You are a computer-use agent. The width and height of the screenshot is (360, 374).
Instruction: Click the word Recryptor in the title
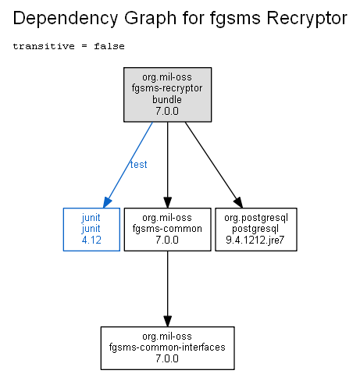coord(307,19)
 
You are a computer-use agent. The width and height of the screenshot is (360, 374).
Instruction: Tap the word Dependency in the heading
coord(66,19)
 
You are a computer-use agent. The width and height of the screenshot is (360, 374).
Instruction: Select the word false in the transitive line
coord(109,46)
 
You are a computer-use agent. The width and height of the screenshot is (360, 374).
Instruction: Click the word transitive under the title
coord(44,46)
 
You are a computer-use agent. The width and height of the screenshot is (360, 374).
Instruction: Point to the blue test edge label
coord(139,165)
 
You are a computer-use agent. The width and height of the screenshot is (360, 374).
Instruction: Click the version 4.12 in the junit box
coord(91,240)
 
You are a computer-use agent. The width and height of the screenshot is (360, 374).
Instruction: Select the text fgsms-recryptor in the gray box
coord(167,88)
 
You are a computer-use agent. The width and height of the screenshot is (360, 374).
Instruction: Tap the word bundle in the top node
coord(167,99)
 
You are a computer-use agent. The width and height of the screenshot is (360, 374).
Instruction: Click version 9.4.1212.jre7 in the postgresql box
coord(255,240)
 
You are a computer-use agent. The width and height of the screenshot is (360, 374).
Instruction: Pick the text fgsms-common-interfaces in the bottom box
coord(167,347)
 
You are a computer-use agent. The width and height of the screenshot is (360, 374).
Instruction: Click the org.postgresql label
coord(256,218)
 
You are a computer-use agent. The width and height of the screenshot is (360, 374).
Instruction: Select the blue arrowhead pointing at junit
coord(107,202)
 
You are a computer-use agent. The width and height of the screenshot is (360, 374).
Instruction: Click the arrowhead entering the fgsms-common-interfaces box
coord(167,322)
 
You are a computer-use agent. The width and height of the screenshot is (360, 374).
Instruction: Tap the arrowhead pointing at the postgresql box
coord(239,202)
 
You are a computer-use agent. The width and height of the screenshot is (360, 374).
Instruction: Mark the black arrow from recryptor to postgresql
coord(214,165)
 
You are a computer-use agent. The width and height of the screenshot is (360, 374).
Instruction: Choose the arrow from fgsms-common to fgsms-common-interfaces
coord(167,289)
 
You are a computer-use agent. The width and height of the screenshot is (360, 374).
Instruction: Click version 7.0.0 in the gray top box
coord(167,111)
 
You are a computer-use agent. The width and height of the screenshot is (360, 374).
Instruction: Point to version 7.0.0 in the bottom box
coord(167,358)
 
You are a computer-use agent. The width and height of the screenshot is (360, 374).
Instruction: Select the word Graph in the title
coord(150,19)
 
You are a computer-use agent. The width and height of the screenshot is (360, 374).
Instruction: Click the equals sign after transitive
coord(84,46)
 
